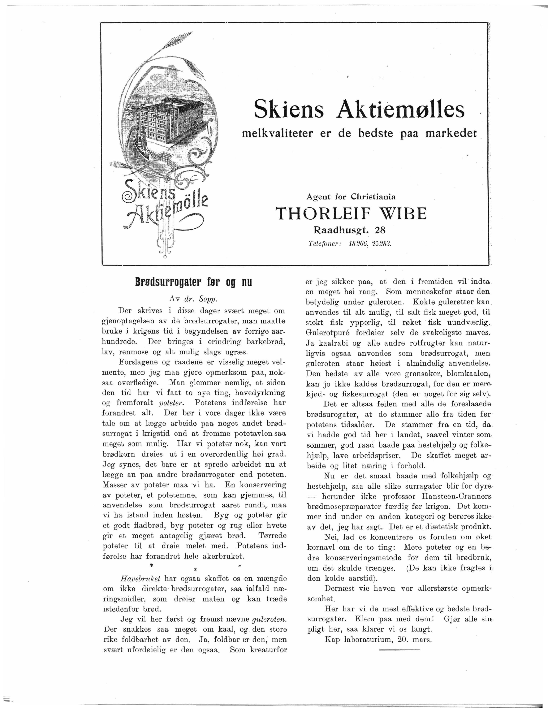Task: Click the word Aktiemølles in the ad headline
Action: (x=400, y=110)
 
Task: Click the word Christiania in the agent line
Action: (x=373, y=196)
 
